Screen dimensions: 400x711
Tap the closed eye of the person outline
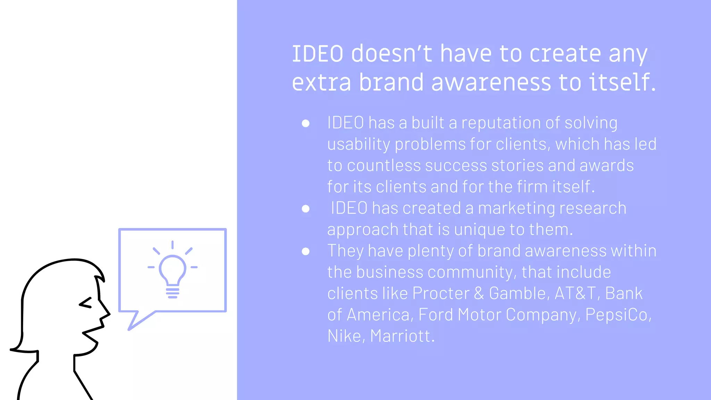[86, 303]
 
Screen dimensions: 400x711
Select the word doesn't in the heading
[392, 54]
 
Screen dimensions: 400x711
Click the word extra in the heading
[321, 83]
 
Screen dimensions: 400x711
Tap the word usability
[359, 144]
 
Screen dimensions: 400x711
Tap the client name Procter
[441, 293]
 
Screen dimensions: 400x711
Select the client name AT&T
[575, 293]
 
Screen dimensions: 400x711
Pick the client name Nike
[344, 336]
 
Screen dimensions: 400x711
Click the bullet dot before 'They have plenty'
[306, 251]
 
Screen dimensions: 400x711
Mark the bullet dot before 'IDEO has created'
[306, 209]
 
